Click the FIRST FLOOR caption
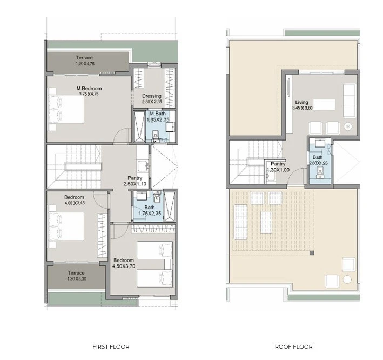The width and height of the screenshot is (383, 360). (111, 346)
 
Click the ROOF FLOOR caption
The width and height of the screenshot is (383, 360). (294, 346)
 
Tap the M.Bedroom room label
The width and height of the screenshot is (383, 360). (89, 89)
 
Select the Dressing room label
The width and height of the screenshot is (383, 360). (152, 96)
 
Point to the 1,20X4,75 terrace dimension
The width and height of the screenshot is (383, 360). (85, 64)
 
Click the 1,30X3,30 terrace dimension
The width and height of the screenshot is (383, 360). (77, 279)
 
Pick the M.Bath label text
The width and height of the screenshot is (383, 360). (158, 114)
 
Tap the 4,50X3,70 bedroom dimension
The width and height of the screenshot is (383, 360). (124, 266)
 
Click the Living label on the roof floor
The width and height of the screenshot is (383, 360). (301, 102)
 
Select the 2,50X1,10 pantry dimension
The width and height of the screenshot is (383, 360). (135, 184)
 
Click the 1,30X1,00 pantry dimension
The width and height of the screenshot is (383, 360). (278, 170)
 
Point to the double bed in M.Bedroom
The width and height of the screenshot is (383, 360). (66, 109)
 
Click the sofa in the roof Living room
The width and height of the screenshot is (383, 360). (350, 101)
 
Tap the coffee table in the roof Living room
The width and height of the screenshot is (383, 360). (324, 105)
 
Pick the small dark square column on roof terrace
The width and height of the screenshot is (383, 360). (312, 253)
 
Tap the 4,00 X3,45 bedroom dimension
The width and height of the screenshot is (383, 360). (74, 203)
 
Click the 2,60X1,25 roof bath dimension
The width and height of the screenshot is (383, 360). (318, 163)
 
